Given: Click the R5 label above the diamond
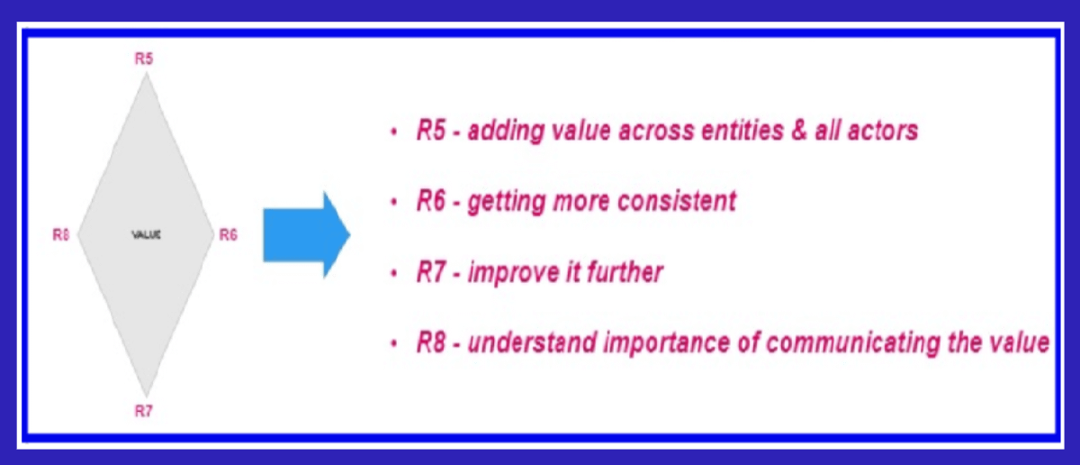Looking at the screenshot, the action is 144,59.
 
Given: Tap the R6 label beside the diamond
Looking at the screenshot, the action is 228,235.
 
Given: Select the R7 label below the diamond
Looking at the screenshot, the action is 144,412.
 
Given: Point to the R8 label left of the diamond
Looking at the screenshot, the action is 61,235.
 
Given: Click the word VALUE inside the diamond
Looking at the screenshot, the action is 146,235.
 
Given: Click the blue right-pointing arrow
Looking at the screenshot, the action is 307,235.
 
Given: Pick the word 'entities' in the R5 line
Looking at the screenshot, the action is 742,131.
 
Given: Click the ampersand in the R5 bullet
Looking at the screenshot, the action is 799,131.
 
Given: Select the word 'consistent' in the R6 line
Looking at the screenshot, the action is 677,201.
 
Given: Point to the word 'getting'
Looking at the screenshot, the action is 506,203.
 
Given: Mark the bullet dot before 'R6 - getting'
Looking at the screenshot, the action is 394,202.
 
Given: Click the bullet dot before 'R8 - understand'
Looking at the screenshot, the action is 394,343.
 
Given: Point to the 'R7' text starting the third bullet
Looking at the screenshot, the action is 431,272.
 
